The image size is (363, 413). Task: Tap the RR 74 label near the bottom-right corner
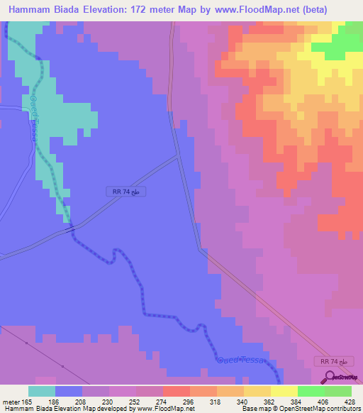click(x=334, y=362)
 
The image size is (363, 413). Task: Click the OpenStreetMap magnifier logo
click(x=330, y=377)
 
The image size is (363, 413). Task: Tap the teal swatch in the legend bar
click(x=42, y=391)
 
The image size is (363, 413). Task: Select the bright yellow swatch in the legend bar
click(x=284, y=391)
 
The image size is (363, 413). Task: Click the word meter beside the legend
click(x=11, y=402)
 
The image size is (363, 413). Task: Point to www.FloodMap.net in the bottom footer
click(x=164, y=409)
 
